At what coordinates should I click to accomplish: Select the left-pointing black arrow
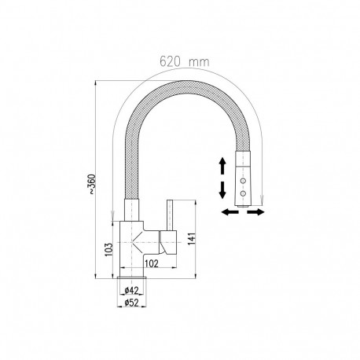click(229, 212)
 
